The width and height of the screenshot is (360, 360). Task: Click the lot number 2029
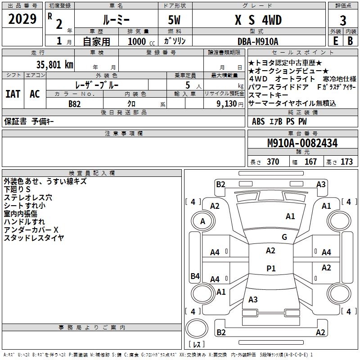point(22,19)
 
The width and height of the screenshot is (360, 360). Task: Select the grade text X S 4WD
point(258,20)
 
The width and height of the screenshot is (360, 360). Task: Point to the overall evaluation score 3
point(343,20)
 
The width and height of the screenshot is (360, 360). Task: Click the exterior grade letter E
point(335,41)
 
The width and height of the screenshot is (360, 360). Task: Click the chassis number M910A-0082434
point(302,143)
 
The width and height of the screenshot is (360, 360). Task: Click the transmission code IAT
point(13,94)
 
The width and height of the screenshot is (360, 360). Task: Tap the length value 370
point(273,162)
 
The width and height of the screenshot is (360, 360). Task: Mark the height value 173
point(346,162)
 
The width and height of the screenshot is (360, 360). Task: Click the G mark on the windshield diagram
point(284,237)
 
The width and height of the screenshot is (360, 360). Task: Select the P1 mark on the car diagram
point(271,269)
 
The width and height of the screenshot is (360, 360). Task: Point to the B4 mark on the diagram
point(195,276)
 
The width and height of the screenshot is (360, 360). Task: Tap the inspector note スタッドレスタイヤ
point(34,238)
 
